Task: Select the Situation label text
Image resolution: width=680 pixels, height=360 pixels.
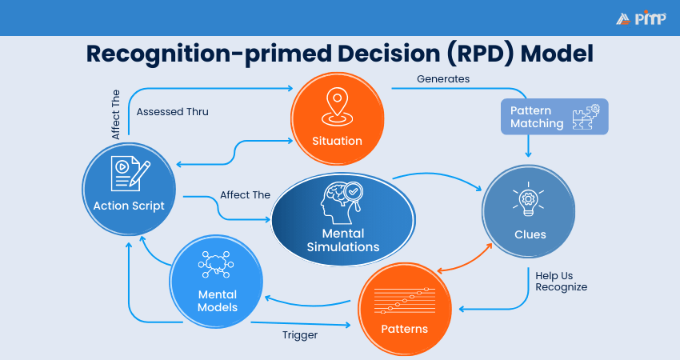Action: (337, 141)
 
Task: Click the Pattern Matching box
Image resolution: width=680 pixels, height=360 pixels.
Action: (554, 116)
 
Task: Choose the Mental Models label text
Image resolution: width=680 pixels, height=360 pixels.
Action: (218, 301)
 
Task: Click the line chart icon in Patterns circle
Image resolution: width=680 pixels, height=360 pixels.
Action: (404, 299)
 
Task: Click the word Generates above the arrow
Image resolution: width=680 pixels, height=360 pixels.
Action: (443, 78)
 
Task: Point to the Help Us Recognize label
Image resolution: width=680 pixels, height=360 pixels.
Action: (562, 280)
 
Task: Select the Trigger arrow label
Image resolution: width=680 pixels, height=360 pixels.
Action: (300, 335)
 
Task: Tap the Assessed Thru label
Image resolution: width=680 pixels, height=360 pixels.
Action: (172, 112)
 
